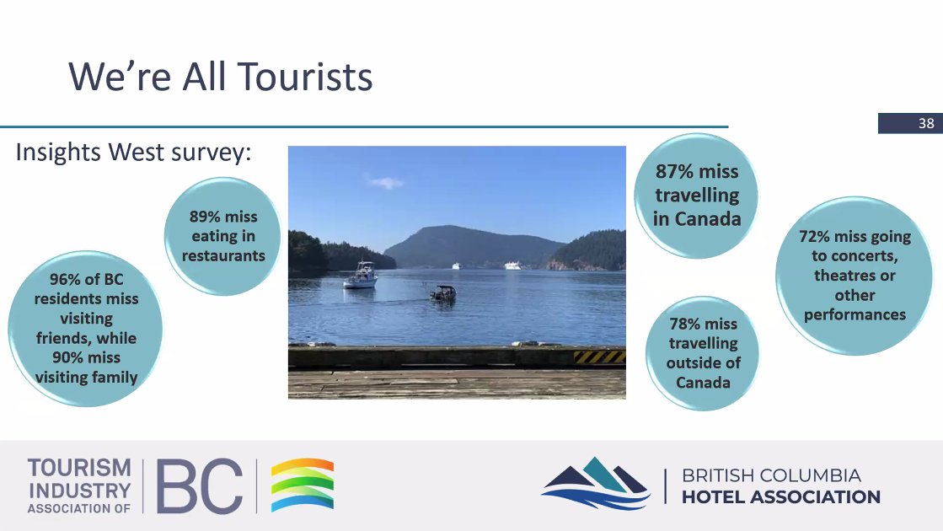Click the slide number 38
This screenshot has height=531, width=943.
tap(926, 123)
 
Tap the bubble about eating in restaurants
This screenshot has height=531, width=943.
tap(222, 236)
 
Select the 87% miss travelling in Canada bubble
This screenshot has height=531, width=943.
tap(696, 195)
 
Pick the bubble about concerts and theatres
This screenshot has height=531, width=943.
tap(854, 276)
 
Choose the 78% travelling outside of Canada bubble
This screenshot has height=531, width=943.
tap(703, 353)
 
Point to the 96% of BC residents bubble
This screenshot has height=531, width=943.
tap(85, 329)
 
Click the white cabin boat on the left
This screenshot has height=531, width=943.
tap(362, 276)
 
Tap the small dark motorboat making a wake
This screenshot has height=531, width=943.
tap(443, 293)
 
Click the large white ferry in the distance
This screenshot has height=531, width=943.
tap(512, 265)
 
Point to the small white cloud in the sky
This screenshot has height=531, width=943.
tap(383, 180)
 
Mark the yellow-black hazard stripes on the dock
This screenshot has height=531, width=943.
tap(599, 357)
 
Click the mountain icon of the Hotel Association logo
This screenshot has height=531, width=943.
tap(596, 483)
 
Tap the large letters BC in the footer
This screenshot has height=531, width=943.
tap(199, 486)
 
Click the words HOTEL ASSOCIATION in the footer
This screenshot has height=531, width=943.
tap(780, 497)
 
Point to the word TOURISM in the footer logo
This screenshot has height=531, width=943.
tap(79, 468)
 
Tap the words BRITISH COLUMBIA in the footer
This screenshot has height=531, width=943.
tap(771, 475)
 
